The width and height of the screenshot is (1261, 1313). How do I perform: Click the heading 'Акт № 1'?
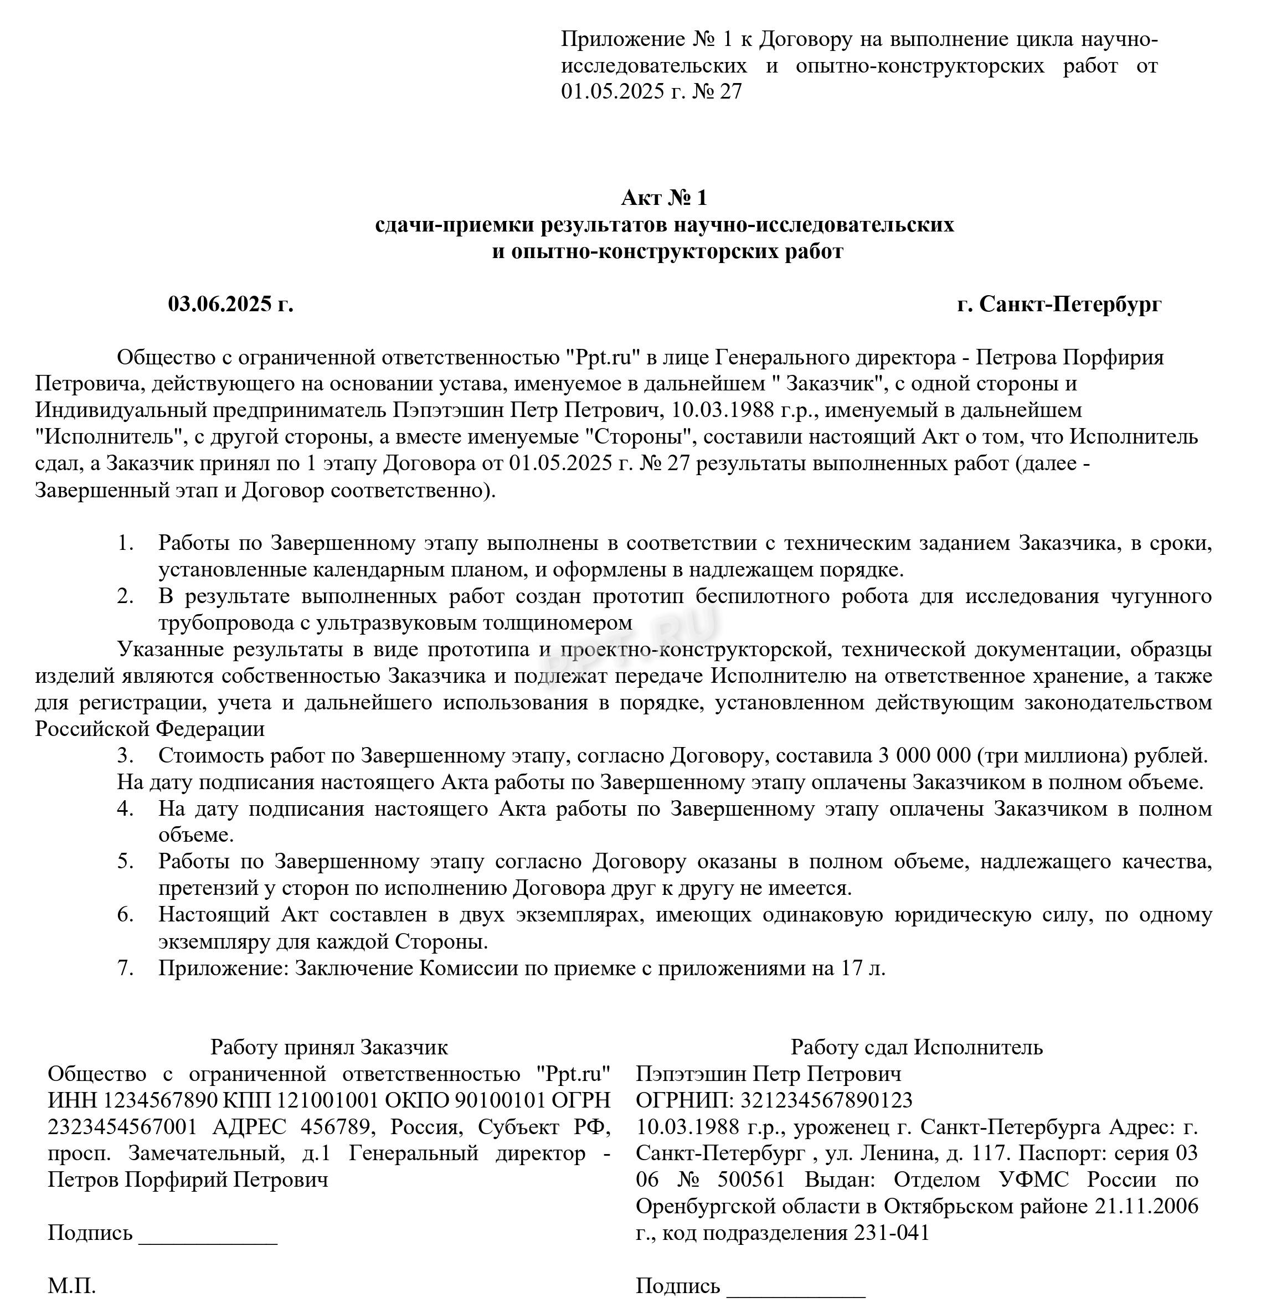pyautogui.click(x=663, y=198)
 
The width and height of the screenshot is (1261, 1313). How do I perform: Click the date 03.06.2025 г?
pyautogui.click(x=230, y=304)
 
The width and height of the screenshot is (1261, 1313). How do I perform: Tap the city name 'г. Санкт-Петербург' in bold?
pyautogui.click(x=1059, y=304)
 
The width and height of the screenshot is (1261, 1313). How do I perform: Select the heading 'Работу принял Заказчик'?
pyautogui.click(x=329, y=1047)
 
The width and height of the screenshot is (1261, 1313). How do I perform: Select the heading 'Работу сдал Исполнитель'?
pyautogui.click(x=916, y=1047)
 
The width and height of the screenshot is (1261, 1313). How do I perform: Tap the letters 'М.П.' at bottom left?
pyautogui.click(x=71, y=1285)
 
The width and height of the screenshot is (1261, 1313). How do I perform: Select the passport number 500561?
pyautogui.click(x=750, y=1180)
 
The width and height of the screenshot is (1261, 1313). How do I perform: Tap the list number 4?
pyautogui.click(x=125, y=809)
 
